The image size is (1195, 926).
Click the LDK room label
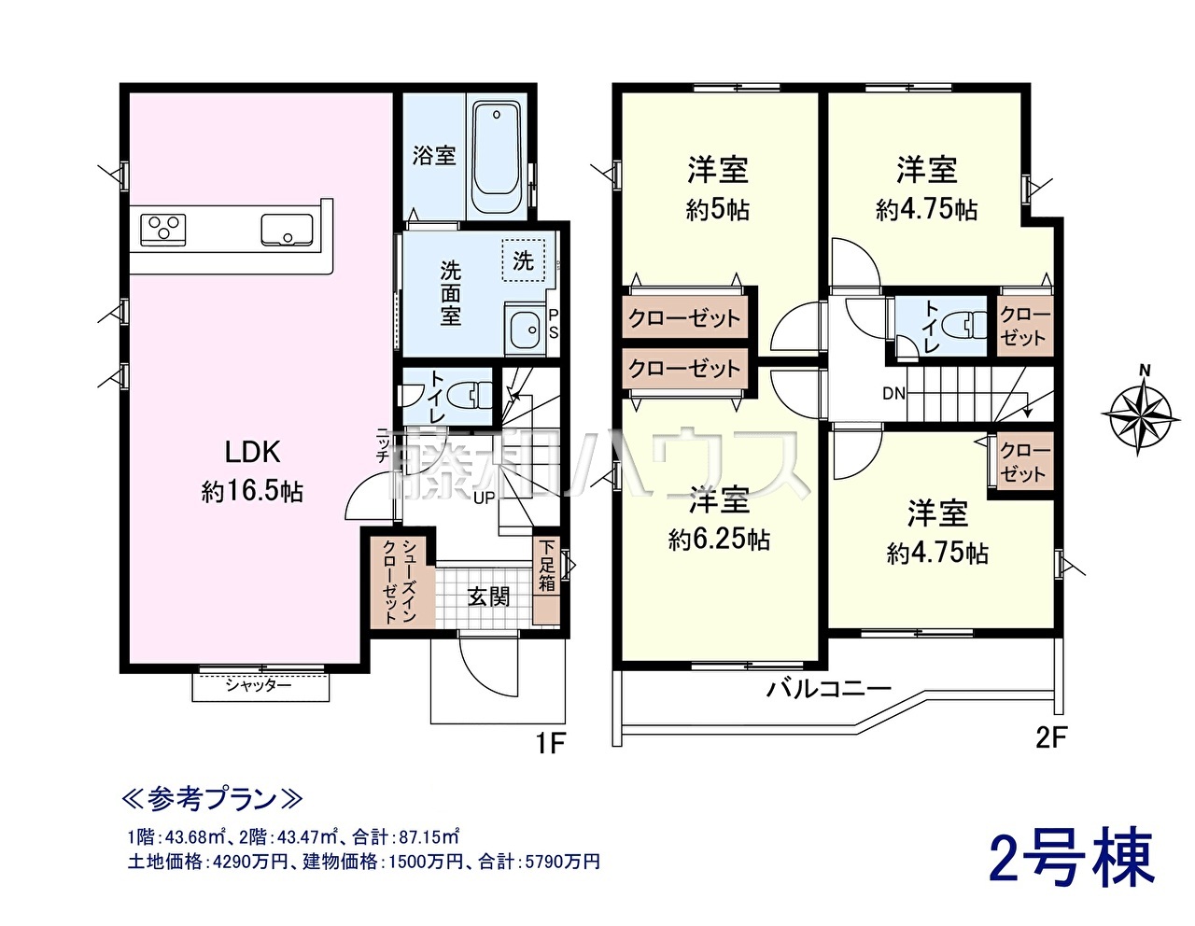(253, 452)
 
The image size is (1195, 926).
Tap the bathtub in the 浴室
(497, 157)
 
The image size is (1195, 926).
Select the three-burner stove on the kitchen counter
(163, 230)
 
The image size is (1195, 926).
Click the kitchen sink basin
(287, 230)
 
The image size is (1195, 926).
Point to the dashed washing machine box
(523, 260)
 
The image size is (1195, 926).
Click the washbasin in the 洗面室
(523, 329)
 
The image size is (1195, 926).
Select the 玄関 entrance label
(489, 596)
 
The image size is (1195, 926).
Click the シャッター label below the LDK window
(259, 686)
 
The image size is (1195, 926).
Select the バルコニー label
(829, 689)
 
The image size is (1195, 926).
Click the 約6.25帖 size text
(719, 540)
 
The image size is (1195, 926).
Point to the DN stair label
(894, 393)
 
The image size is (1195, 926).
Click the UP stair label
(485, 498)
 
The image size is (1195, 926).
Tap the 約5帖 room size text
(718, 209)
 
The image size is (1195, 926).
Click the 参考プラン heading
(212, 800)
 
